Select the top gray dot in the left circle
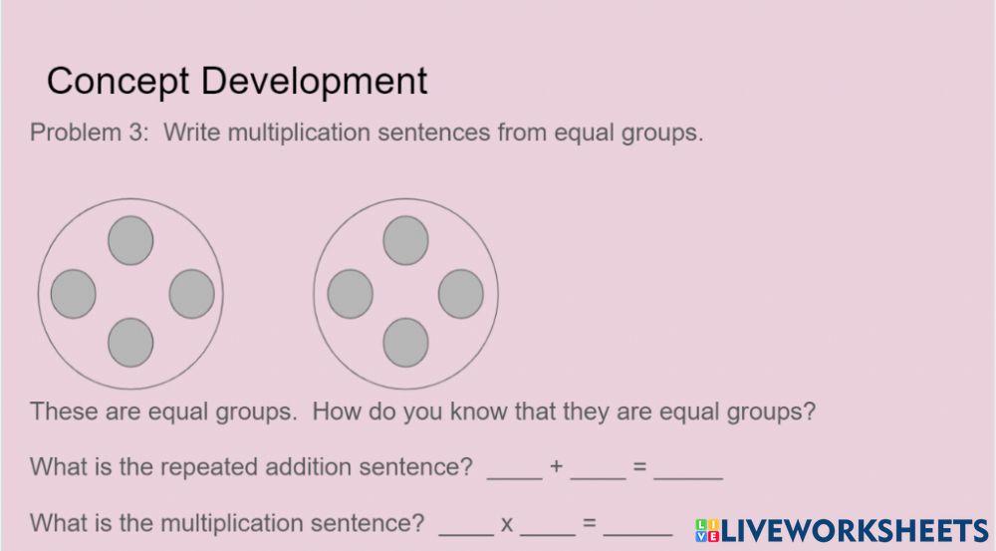(130, 240)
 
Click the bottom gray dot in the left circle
(130, 342)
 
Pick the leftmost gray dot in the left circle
(74, 294)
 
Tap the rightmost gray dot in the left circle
(192, 293)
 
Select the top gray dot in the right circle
(405, 240)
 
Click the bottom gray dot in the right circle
(405, 342)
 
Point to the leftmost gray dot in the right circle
(350, 294)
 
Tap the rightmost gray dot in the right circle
(461, 294)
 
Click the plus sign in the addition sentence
(557, 466)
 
